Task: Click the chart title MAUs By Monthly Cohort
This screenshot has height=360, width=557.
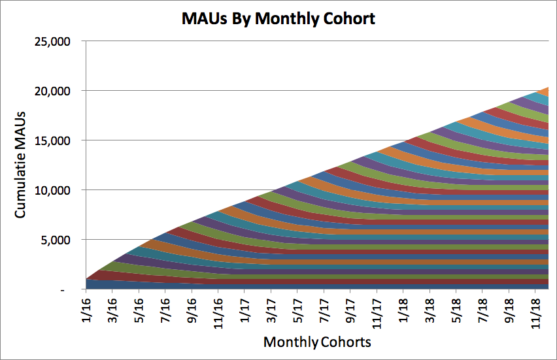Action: pyautogui.click(x=278, y=18)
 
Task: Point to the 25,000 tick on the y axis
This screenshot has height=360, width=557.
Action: pyautogui.click(x=55, y=41)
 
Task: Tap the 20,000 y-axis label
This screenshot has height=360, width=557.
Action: pyautogui.click(x=55, y=91)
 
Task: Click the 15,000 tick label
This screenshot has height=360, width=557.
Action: pyautogui.click(x=55, y=140)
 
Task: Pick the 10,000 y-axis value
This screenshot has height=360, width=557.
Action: pyautogui.click(x=55, y=190)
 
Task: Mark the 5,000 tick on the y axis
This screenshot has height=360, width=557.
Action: pyautogui.click(x=59, y=240)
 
